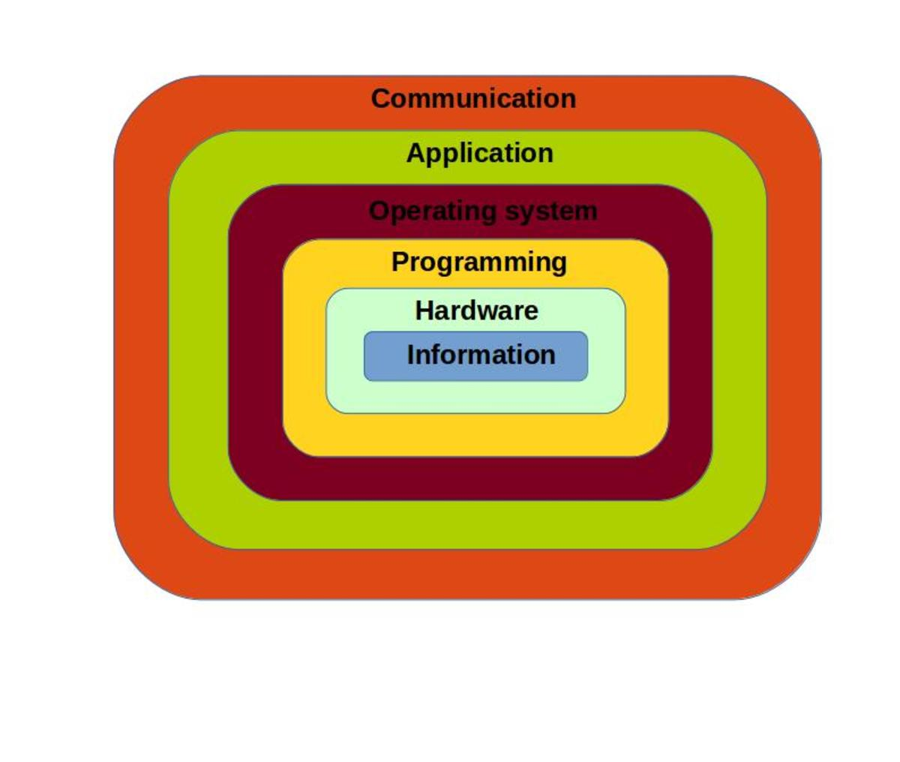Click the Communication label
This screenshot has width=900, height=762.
pyautogui.click(x=473, y=98)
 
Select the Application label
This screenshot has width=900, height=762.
pyautogui.click(x=480, y=154)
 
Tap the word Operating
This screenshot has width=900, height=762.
pyautogui.click(x=432, y=212)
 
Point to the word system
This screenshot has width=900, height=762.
pyautogui.click(x=551, y=212)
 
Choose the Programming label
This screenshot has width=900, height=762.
pyautogui.click(x=479, y=263)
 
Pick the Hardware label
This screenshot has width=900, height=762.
pyautogui.click(x=477, y=311)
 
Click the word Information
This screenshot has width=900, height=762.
pyautogui.click(x=481, y=355)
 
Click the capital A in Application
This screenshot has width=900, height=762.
pyautogui.click(x=417, y=153)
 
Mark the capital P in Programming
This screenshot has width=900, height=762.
pyautogui.click(x=400, y=262)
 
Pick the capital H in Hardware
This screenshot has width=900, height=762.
pyautogui.click(x=425, y=311)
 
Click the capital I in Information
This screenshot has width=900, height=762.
pyautogui.click(x=410, y=355)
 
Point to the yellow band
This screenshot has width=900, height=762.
pyautogui.click(x=304, y=348)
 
